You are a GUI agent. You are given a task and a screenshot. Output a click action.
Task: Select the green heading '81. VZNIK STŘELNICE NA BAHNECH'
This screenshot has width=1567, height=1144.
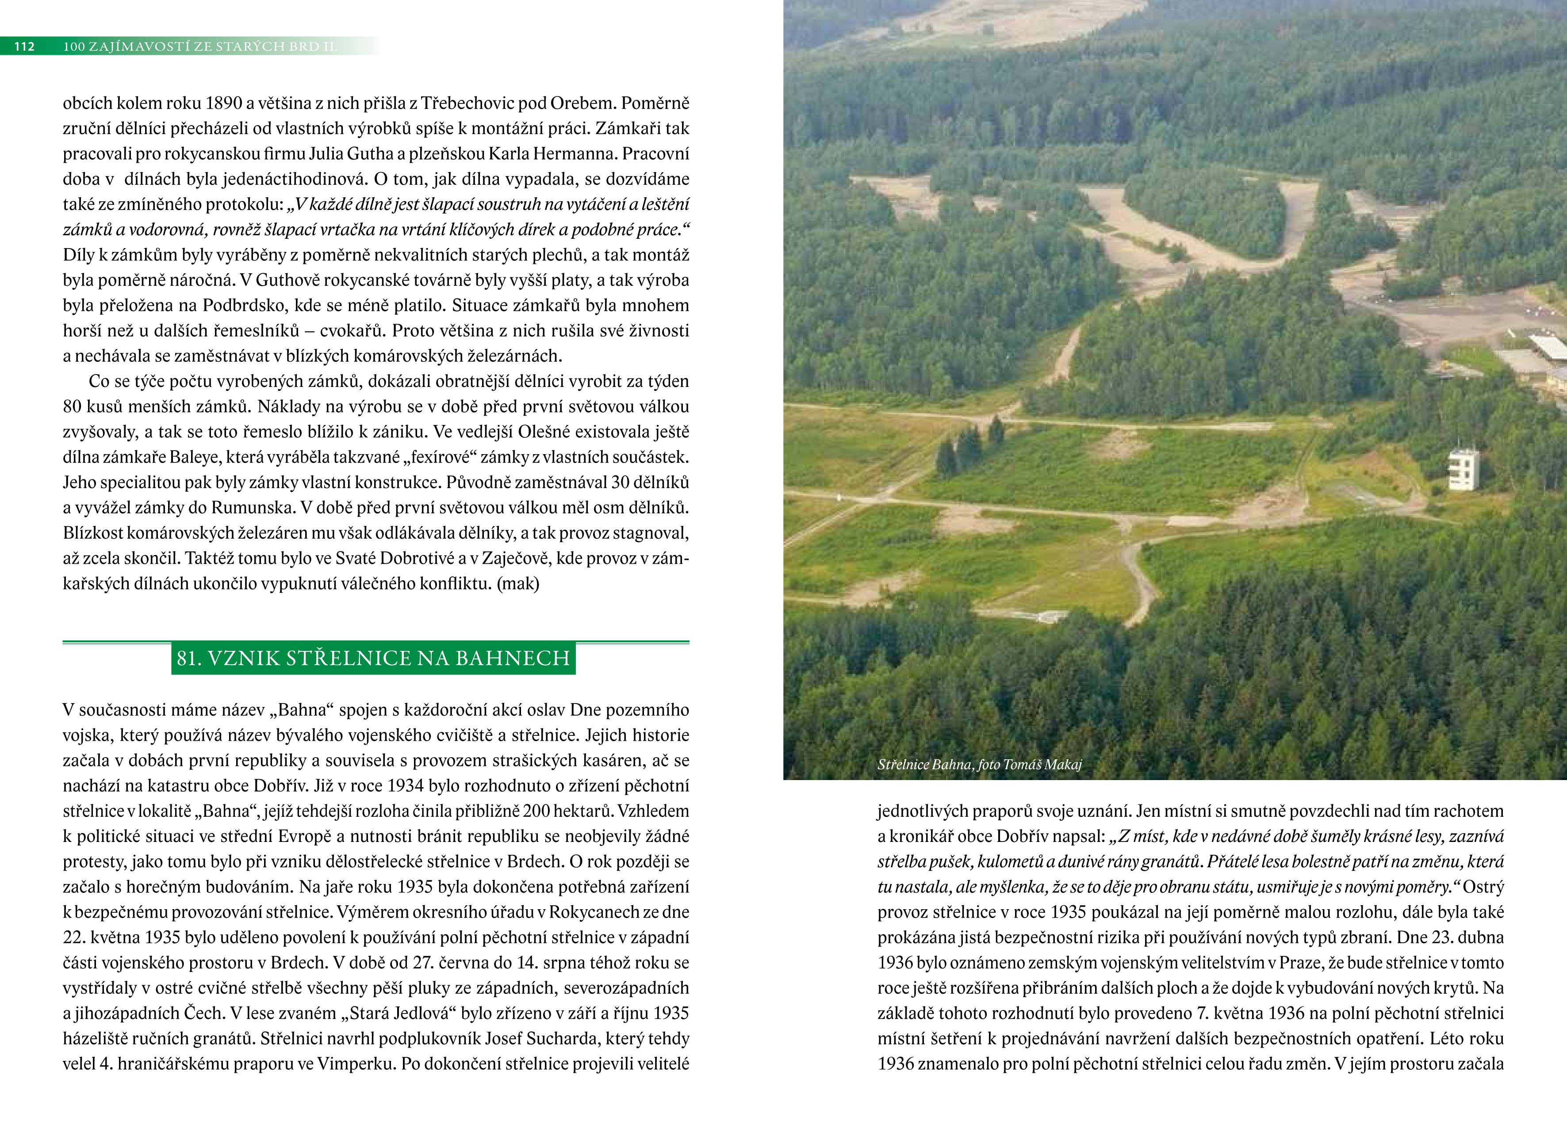[x=373, y=658]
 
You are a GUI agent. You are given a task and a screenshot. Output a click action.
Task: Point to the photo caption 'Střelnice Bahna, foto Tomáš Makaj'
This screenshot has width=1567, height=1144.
[x=979, y=765]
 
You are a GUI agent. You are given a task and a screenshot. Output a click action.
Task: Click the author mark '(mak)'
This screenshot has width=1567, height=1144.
[x=518, y=584]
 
